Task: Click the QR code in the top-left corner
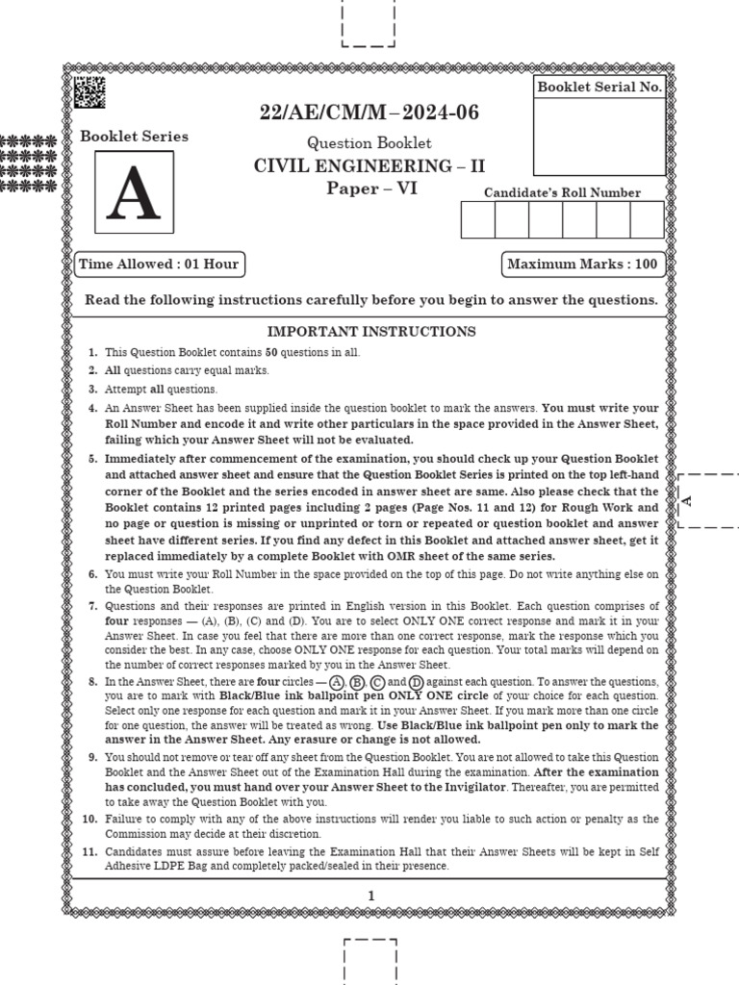click(x=89, y=91)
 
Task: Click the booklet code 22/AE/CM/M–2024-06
click(x=369, y=114)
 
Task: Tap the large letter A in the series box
click(x=134, y=195)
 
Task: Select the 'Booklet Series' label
click(x=134, y=137)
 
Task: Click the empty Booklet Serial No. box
click(x=599, y=138)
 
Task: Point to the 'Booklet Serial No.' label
click(x=599, y=87)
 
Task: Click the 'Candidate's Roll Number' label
click(x=563, y=192)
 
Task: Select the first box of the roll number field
click(x=478, y=220)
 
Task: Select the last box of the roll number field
click(x=647, y=220)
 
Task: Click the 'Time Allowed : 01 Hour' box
click(x=159, y=265)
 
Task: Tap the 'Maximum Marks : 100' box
click(x=583, y=265)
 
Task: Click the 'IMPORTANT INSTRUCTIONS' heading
click(x=370, y=332)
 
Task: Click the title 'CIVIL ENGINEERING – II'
click(x=369, y=166)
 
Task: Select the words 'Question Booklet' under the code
click(x=369, y=143)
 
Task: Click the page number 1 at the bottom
click(x=370, y=896)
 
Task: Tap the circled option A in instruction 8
click(x=337, y=682)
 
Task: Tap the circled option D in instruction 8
click(x=417, y=682)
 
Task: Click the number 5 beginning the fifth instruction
click(x=92, y=459)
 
